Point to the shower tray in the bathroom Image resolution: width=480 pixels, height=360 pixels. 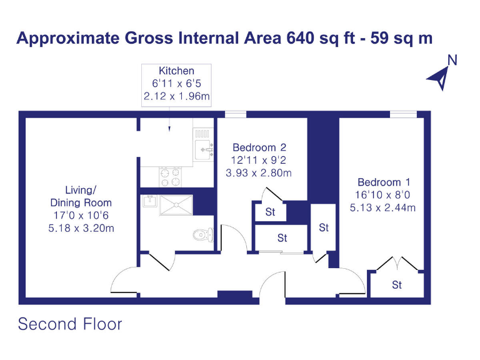point(176,205)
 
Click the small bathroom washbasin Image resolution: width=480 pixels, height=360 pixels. point(149,201)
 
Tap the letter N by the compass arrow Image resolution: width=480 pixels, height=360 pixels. point(452,61)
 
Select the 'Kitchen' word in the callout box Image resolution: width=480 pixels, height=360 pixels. point(176,71)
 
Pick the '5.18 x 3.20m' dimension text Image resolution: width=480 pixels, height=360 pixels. point(81,228)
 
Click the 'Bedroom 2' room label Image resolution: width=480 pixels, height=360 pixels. point(259,147)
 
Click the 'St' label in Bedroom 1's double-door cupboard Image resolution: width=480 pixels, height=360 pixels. point(396,285)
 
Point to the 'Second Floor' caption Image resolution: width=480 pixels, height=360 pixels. point(70,324)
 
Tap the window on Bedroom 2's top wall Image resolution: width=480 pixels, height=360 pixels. point(236,114)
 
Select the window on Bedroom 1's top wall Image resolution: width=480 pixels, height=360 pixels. point(403,114)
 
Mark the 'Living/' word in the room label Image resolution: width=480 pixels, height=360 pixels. point(81,189)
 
